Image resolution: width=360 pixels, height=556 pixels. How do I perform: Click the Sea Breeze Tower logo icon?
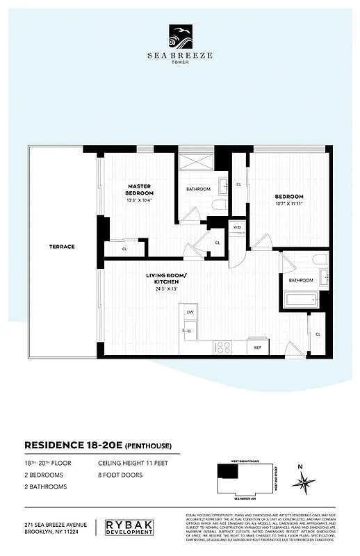[180, 33]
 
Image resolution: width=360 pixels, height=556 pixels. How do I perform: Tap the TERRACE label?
[62, 247]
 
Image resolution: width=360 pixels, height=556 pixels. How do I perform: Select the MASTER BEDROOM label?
[140, 189]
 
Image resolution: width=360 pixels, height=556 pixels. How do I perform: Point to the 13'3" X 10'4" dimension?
[140, 201]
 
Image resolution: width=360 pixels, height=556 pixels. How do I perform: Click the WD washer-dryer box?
[236, 227]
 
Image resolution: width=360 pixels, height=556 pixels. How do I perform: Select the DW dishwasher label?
[190, 313]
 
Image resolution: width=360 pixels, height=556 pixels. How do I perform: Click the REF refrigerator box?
[257, 347]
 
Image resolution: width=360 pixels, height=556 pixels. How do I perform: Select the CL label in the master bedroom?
[124, 248]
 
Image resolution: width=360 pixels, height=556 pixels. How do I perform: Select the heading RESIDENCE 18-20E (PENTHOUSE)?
[97, 445]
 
